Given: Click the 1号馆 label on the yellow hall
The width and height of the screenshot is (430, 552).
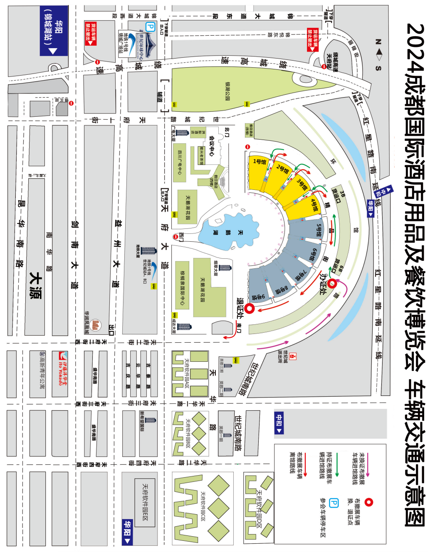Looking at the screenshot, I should coord(259,162).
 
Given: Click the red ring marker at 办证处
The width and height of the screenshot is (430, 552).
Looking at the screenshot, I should coord(332,284).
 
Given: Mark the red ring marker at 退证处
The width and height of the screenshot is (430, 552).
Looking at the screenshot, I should coord(249,309).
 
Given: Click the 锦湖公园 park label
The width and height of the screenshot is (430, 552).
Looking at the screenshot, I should coord(227,91).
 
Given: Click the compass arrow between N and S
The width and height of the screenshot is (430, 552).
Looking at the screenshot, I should coord(378,54).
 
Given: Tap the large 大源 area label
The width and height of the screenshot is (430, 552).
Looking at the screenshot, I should coord(36,285).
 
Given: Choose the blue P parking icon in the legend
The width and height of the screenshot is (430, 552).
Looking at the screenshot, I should coord(334,503).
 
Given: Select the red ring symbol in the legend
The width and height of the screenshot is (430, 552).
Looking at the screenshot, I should coord(368,502).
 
